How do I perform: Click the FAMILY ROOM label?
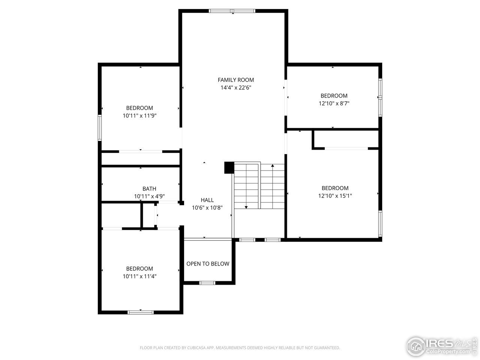tap(235, 80)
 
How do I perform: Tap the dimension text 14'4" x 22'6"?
tap(235, 88)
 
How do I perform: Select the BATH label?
tap(149, 189)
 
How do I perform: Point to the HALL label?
tap(207, 200)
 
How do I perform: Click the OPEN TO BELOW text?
tap(208, 264)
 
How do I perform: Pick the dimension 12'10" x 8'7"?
tap(334, 103)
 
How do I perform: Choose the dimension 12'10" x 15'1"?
tap(335, 196)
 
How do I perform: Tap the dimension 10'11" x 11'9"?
tap(139, 116)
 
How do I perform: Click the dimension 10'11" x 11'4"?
tap(139, 276)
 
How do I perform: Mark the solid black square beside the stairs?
tap(229, 168)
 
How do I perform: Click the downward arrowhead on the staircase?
tap(246, 207)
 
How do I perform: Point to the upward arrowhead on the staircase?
tap(273, 165)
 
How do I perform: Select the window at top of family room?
tap(232, 11)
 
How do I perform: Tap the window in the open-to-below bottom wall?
tap(207, 283)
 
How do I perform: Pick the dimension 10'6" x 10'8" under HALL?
tap(207, 208)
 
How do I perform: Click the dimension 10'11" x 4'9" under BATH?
tap(149, 196)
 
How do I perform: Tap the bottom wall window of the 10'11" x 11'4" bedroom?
tap(141, 312)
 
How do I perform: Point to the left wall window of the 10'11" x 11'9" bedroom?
tap(100, 127)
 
